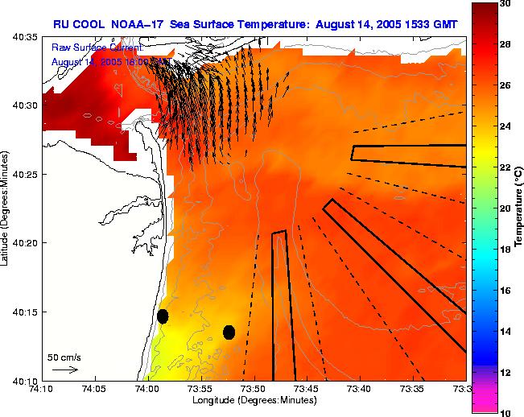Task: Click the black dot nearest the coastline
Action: click(163, 316)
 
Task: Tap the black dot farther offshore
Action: click(229, 332)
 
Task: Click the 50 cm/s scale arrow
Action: click(65, 370)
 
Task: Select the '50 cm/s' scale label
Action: click(64, 357)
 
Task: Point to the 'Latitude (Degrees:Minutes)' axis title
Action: click(6, 208)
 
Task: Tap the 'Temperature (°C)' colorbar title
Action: click(520, 208)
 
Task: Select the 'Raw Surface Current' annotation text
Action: click(97, 47)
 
